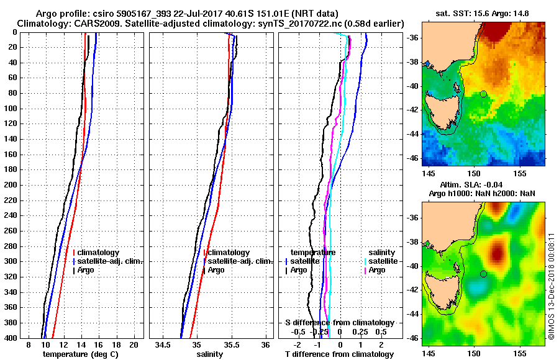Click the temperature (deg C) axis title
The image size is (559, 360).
[x=80, y=354]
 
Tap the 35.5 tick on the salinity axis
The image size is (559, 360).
[x=231, y=344]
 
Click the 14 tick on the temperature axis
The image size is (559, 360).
[x=80, y=344]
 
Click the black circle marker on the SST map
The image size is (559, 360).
[x=483, y=94]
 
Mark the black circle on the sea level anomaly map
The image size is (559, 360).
[x=483, y=274]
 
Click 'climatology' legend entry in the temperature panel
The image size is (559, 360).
[x=98, y=253]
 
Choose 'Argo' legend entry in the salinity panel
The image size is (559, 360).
[x=216, y=270]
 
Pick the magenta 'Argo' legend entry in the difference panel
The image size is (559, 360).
[x=377, y=270]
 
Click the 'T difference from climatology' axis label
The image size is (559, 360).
[x=339, y=354]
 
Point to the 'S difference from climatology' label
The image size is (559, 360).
[x=339, y=323]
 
